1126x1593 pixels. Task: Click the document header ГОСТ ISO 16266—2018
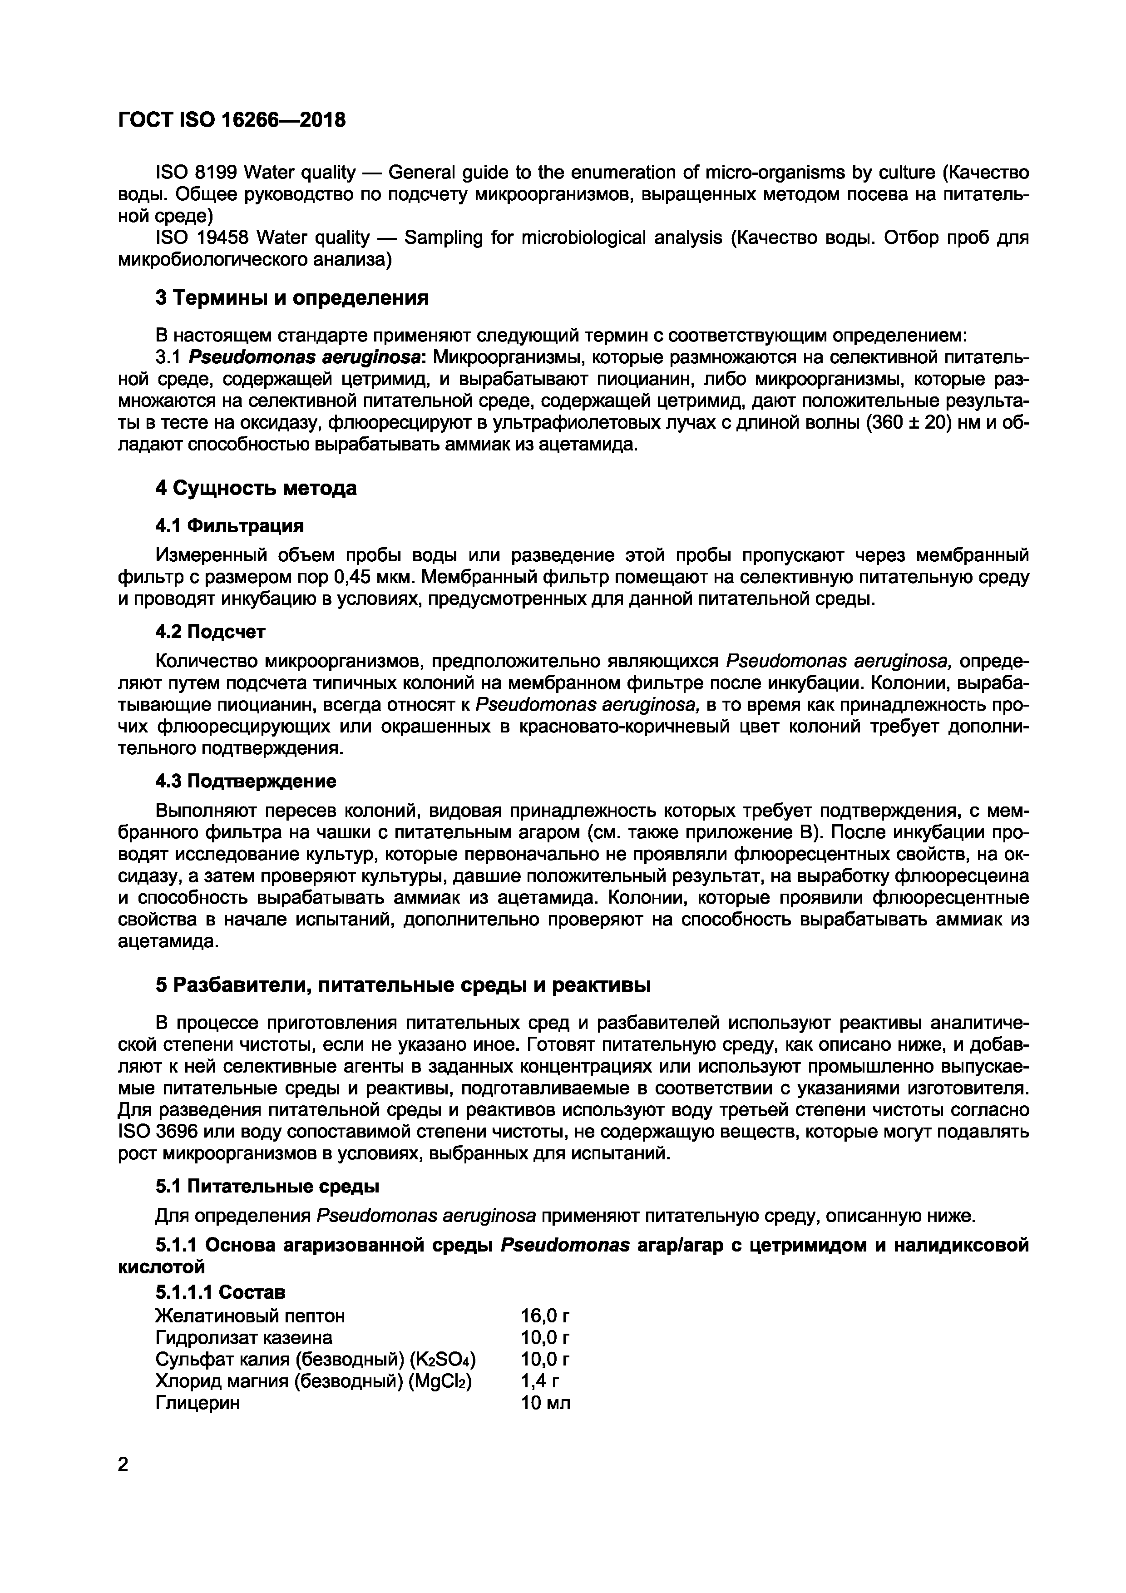tap(232, 120)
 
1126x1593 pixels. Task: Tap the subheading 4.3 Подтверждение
tap(246, 781)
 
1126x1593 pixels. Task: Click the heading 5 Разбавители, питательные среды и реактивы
tap(403, 985)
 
